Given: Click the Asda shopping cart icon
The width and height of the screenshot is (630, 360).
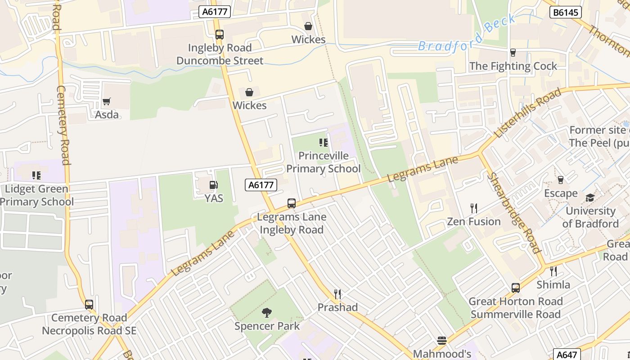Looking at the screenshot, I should click(106, 102).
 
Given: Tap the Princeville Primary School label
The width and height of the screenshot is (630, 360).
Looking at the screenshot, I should click(323, 162).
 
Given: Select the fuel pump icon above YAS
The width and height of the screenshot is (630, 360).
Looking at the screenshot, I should click(214, 185).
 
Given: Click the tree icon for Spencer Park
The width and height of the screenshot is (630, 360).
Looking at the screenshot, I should click(267, 312).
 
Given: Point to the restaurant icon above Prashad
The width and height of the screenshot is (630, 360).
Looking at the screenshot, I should click(337, 294).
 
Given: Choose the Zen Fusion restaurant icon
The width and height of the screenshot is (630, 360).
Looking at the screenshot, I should click(473, 208).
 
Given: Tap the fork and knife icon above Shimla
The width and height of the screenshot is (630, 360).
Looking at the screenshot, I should click(553, 271).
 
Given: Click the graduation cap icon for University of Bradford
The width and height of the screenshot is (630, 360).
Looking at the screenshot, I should click(590, 198).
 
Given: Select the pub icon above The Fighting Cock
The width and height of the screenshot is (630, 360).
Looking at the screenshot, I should click(513, 53).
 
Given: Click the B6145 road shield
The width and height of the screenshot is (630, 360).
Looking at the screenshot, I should click(565, 12).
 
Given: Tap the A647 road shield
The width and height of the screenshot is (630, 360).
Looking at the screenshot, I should click(567, 354).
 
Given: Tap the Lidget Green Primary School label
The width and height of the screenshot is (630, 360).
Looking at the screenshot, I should click(37, 195).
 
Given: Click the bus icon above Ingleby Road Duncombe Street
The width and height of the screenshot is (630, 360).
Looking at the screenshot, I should click(220, 34).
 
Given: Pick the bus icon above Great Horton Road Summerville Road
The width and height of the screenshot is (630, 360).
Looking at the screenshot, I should click(516, 288).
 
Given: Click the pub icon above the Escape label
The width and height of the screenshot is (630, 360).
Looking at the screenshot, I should click(560, 180).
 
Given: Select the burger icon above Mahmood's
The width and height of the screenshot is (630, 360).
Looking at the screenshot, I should click(442, 341).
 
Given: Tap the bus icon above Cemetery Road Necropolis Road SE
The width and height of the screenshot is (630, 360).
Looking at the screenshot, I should click(89, 305).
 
